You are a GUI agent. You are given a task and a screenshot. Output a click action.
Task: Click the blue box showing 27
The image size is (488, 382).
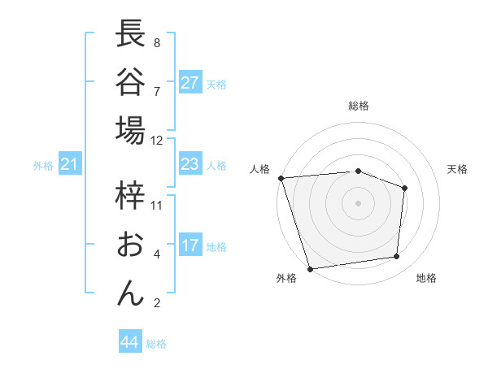click(x=190, y=83)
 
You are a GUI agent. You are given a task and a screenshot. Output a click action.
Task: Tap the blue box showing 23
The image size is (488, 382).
click(x=190, y=165)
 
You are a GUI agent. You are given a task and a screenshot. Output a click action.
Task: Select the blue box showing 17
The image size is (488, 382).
click(x=190, y=245)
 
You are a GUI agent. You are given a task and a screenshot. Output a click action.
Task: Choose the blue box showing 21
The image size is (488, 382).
click(x=70, y=165)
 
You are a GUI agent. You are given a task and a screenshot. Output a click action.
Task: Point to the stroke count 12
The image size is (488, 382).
click(x=157, y=140)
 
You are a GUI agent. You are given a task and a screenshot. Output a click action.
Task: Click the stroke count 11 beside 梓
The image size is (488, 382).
click(x=157, y=206)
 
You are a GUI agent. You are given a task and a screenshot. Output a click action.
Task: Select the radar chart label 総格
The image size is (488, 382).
click(x=359, y=106)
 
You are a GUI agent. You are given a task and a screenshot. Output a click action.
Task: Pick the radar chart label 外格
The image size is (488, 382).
click(x=286, y=278)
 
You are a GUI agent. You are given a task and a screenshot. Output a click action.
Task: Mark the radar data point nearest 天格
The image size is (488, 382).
click(x=404, y=189)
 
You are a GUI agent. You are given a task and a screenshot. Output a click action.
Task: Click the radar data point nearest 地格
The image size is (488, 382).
click(x=397, y=257)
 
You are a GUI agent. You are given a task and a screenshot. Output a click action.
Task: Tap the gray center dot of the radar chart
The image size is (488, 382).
click(x=359, y=203)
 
